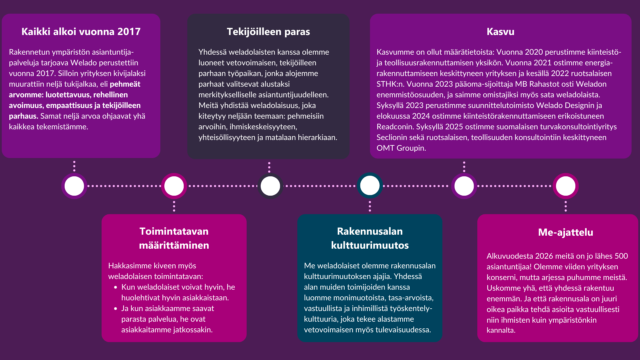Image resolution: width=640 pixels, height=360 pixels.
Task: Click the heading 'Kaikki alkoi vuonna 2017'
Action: pos(81,32)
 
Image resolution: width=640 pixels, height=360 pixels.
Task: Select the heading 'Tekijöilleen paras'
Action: pos(268,32)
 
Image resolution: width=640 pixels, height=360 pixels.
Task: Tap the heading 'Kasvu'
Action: pos(500,32)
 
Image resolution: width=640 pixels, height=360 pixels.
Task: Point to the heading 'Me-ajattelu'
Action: pos(565,232)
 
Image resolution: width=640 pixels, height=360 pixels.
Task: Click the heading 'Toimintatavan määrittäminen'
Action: pos(174,238)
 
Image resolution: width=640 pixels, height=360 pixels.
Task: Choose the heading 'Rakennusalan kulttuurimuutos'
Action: pos(370,238)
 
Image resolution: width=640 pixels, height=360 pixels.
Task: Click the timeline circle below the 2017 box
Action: pos(74,186)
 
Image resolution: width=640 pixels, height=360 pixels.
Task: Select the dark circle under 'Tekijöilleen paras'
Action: pos(270,186)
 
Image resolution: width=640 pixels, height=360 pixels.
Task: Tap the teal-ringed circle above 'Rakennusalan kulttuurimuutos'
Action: pos(370,186)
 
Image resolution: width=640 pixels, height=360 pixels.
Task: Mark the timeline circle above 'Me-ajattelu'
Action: pos(566,186)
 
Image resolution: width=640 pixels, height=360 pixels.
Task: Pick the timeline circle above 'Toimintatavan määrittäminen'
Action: pos(174,186)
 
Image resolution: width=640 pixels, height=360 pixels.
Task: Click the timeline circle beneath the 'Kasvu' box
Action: pos(464,186)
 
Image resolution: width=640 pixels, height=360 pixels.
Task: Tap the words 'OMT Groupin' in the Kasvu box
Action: pos(401,148)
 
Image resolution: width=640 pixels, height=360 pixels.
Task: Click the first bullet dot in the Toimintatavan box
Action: pos(116,287)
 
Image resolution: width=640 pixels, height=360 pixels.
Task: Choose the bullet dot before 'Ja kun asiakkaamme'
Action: pos(116,309)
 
